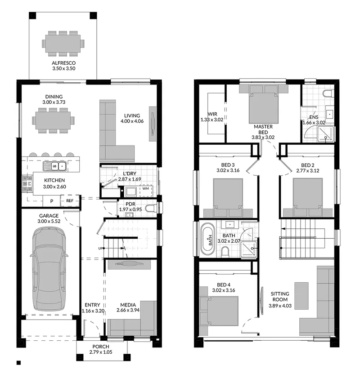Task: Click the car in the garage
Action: coord(49,269)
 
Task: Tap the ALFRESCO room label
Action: coord(64,63)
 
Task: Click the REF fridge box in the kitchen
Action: coord(70,200)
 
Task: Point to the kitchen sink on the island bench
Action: coord(54,166)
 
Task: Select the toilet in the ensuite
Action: coord(328,93)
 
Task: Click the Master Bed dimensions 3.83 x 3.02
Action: coord(263,138)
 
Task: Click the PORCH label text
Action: coord(101,347)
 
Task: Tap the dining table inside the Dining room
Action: coord(53,120)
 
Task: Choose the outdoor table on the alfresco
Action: coord(63,44)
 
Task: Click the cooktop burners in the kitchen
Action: coord(27,184)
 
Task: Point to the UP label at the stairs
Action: coord(100,248)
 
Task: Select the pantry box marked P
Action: coord(52,201)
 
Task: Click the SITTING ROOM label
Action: coord(280,297)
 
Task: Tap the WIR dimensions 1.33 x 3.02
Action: coord(212,120)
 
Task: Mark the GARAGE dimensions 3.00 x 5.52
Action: coord(49,221)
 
